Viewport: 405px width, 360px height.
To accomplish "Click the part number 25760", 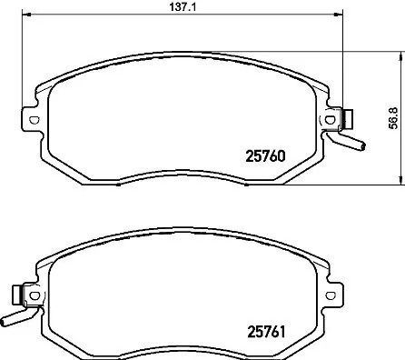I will pos(267,155).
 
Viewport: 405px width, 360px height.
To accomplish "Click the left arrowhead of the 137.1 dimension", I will pos(25,15).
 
